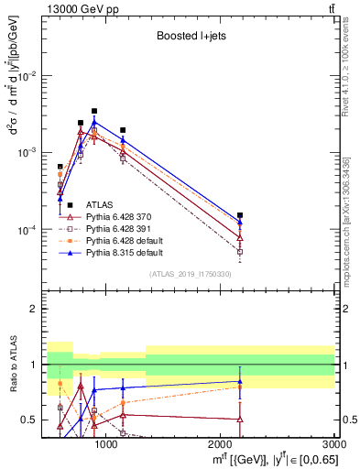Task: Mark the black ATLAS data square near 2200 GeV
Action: tap(240, 215)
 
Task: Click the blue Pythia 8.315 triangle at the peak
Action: tap(93, 122)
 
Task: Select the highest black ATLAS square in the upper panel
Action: tap(93, 111)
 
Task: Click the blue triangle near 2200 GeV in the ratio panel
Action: tap(240, 381)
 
